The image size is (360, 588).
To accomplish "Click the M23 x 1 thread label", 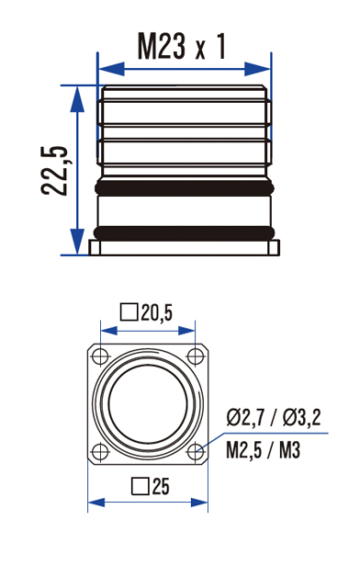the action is [182, 47].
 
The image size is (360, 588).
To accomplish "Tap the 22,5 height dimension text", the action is [55, 170].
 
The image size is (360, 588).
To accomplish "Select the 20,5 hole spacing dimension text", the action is [156, 312].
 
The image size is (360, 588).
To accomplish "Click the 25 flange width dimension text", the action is [161, 486].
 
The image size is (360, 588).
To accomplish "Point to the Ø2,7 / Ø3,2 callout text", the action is [274, 417].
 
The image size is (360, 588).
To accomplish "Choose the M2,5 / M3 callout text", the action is [264, 449].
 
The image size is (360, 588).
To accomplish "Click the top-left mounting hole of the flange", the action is [100, 356].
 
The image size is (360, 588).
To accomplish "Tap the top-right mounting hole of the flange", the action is [196, 356].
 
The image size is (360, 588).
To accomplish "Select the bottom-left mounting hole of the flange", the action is [100, 451].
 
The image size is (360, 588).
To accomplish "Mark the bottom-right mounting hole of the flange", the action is [196, 451].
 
